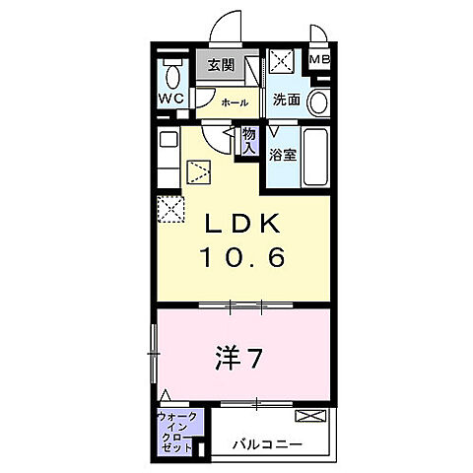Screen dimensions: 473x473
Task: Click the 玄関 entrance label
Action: click(221, 65)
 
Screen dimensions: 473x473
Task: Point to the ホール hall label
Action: click(234, 101)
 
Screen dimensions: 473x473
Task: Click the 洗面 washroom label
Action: click(286, 100)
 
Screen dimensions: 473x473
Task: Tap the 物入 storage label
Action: click(249, 141)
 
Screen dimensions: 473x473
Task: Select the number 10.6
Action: click(244, 258)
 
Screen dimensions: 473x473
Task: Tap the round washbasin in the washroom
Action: click(317, 101)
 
